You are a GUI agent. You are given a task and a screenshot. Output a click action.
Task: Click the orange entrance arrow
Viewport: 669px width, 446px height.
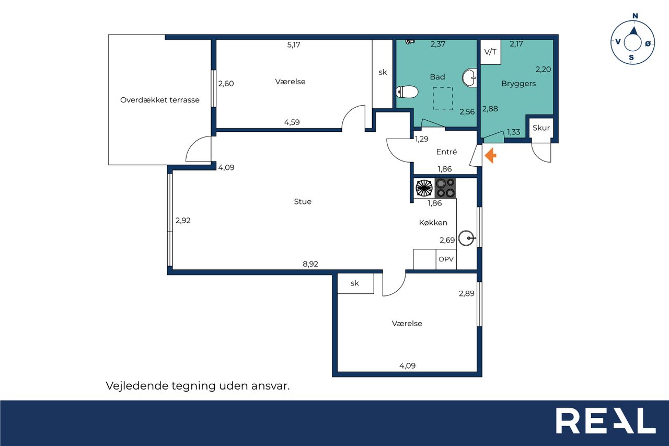[490, 156]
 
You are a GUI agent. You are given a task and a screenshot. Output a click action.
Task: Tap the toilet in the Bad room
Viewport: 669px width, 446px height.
[407, 92]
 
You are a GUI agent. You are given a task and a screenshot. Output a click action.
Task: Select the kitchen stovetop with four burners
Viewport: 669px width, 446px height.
[445, 188]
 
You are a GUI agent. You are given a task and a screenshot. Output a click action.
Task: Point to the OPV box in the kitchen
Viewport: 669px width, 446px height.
[446, 259]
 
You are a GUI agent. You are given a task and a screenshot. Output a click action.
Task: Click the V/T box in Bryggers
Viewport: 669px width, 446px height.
[490, 52]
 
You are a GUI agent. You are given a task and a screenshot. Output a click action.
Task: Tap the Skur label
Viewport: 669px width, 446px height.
[541, 128]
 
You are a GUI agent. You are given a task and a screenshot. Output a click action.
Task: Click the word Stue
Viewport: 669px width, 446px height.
[303, 202]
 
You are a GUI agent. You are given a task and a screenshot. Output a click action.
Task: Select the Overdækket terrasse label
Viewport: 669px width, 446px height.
[160, 100]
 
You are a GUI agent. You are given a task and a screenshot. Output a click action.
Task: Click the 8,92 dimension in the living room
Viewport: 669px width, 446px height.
[310, 264]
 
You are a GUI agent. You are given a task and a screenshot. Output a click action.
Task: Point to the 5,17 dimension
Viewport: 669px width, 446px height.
[294, 45]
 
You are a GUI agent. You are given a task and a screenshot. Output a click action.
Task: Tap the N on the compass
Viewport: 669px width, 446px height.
[635, 16]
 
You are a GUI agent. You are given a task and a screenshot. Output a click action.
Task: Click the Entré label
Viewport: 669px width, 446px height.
[446, 152]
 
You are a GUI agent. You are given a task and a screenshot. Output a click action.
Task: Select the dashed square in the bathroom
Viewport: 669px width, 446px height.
[443, 99]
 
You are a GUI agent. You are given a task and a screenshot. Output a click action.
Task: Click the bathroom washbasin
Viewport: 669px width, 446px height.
[469, 78]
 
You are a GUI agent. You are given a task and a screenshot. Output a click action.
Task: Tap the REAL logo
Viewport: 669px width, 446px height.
[606, 420]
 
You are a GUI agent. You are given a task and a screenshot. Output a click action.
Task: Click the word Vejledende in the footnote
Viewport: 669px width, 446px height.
[137, 386]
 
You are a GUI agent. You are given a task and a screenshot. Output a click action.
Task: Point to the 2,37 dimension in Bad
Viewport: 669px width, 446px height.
[438, 44]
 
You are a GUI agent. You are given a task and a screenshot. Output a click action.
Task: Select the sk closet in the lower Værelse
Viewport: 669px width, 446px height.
[355, 283]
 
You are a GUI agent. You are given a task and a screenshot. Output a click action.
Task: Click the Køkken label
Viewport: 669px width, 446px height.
[433, 223]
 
